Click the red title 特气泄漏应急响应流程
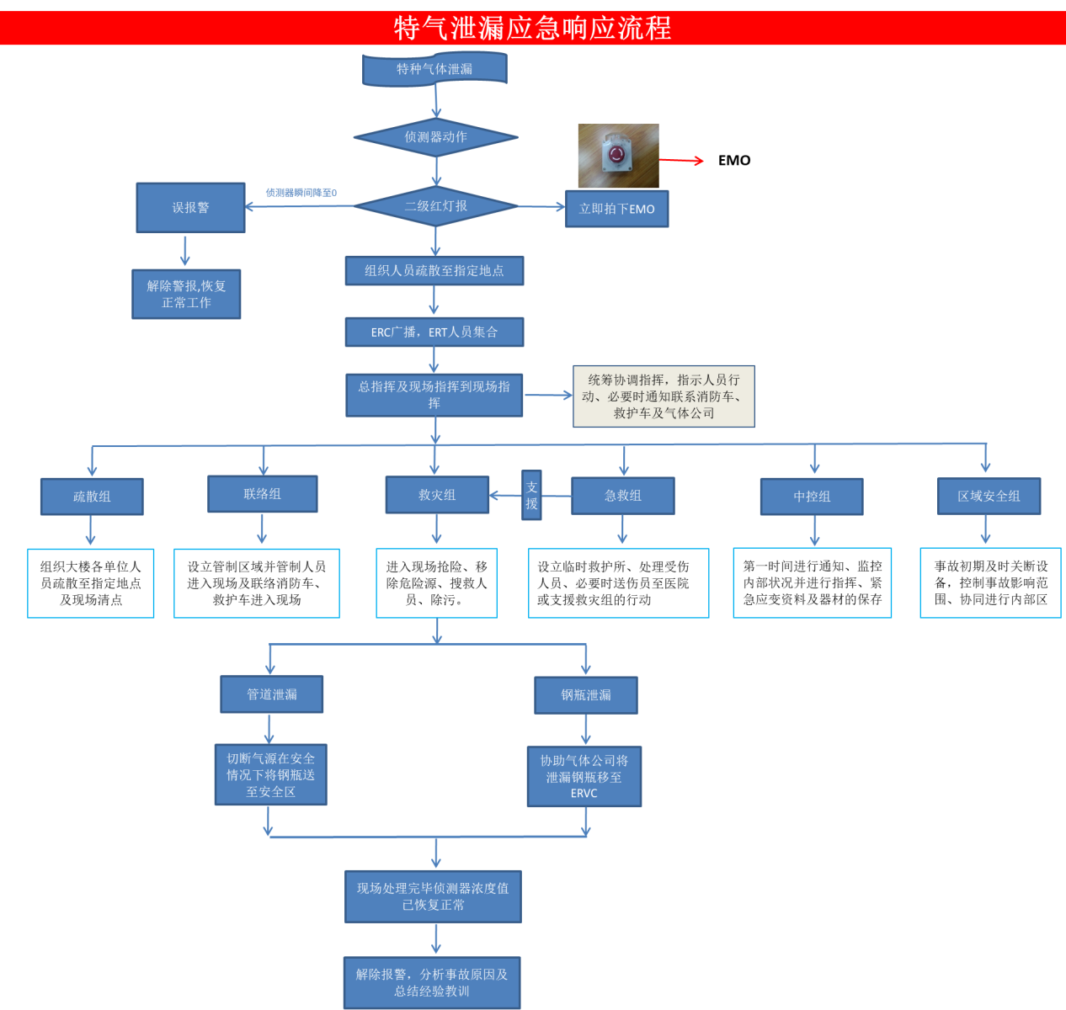click(x=532, y=28)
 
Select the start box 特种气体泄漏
click(x=434, y=69)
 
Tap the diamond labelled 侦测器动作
click(x=435, y=137)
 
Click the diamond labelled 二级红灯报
click(x=435, y=206)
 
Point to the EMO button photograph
click(x=618, y=156)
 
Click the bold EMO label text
click(x=734, y=161)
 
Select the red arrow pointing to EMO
click(x=680, y=160)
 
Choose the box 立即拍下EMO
click(x=616, y=209)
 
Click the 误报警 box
click(x=190, y=208)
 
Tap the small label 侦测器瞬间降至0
click(x=301, y=193)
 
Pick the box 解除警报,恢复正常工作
click(x=186, y=295)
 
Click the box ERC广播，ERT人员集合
click(x=434, y=332)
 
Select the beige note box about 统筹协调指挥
click(x=664, y=396)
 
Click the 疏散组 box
click(x=92, y=497)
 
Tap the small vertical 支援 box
click(x=531, y=495)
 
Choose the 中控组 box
click(x=812, y=497)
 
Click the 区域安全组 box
click(x=989, y=496)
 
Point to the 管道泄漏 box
click(x=271, y=694)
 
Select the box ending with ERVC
click(x=584, y=776)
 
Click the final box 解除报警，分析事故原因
click(x=432, y=983)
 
